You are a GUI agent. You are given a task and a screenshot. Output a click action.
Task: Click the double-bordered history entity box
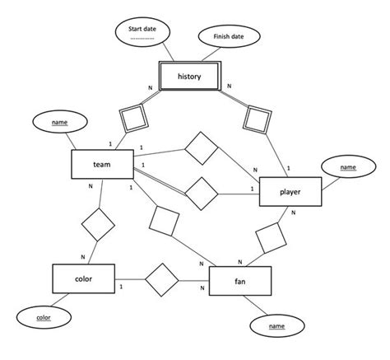[x=188, y=79]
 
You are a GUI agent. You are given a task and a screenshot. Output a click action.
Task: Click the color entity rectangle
[x=83, y=279]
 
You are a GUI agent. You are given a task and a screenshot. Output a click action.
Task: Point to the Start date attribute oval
[x=147, y=33]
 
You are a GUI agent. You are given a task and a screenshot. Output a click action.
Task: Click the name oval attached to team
[x=59, y=123]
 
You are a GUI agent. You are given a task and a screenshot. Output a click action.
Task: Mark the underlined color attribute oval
[x=44, y=316]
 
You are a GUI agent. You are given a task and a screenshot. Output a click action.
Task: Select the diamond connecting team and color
[x=97, y=224]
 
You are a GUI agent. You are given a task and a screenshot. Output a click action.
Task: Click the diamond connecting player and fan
[x=272, y=239]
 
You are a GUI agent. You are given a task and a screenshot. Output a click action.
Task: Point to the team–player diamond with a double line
[x=201, y=193]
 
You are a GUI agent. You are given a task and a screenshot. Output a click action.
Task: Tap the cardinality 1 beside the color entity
[x=122, y=286]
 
